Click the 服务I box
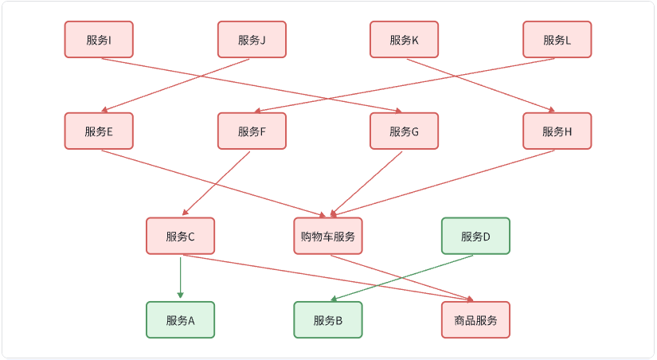[x=99, y=40]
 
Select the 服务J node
[x=252, y=40]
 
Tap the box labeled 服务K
[x=404, y=40]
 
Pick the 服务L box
[x=557, y=40]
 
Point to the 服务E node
[x=99, y=131]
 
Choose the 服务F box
[x=252, y=131]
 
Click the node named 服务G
[x=404, y=131]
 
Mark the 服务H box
[x=557, y=131]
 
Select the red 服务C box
[x=180, y=236]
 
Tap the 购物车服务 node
[x=327, y=236]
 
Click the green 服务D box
[x=475, y=236]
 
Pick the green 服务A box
[x=180, y=320]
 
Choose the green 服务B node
[x=327, y=320]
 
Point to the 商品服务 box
[x=475, y=320]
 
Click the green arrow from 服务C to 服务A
[x=181, y=277]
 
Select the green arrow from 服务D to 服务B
[x=402, y=278]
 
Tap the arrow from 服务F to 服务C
[x=217, y=182]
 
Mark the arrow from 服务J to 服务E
[x=178, y=84]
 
